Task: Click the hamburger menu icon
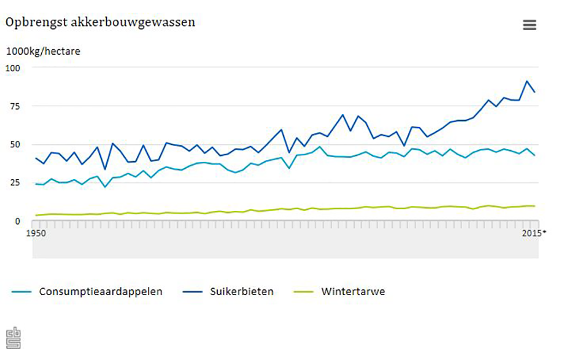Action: coord(529,25)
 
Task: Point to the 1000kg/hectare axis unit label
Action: coord(43,51)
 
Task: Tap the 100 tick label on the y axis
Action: coord(13,67)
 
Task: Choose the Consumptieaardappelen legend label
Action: coord(101,292)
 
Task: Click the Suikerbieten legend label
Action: coord(242,292)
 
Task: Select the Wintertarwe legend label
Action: coord(353,292)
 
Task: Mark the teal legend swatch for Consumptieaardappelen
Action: coord(22,292)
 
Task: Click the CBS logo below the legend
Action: coord(13,338)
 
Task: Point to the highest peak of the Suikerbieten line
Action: coord(527,81)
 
